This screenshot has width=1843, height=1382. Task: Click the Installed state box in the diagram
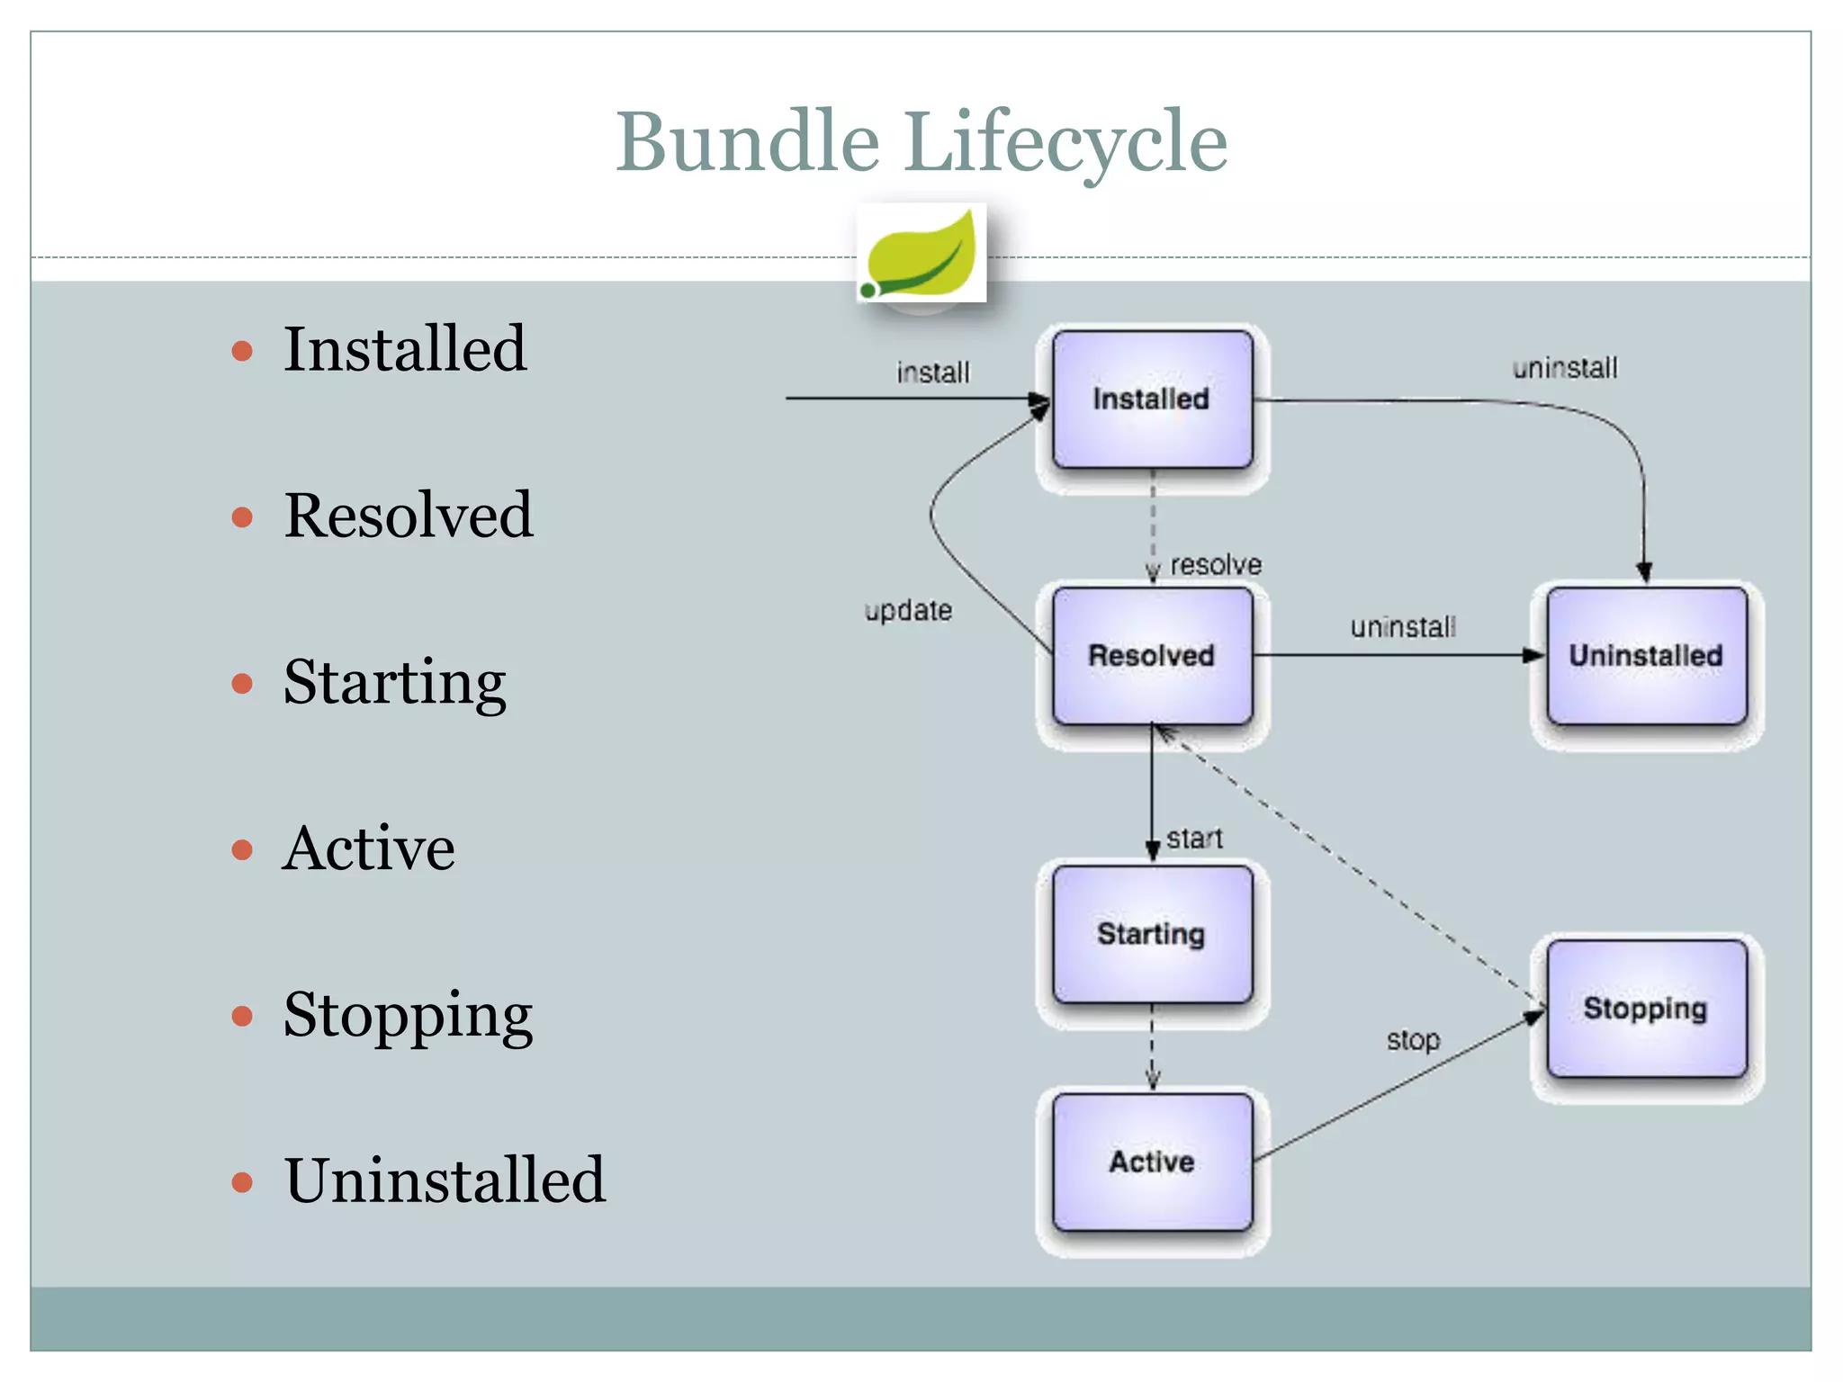pyautogui.click(x=1152, y=399)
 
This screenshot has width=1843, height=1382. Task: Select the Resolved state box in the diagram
pyautogui.click(x=1152, y=656)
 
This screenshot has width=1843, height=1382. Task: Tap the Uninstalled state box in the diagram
pyautogui.click(x=1646, y=656)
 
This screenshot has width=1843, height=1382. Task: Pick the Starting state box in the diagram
pyautogui.click(x=1152, y=934)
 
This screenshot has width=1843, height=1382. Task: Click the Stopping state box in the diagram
pyautogui.click(x=1646, y=1009)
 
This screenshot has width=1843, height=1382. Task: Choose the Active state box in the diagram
pyautogui.click(x=1152, y=1162)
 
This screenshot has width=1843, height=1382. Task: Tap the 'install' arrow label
pyautogui.click(x=933, y=372)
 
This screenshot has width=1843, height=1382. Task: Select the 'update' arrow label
pyautogui.click(x=908, y=611)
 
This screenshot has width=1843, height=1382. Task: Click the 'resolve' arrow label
pyautogui.click(x=1216, y=565)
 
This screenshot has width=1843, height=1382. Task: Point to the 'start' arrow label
pyautogui.click(x=1194, y=839)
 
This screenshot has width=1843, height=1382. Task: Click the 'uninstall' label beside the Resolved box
pyautogui.click(x=1402, y=627)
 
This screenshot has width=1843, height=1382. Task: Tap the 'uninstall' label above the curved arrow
pyautogui.click(x=1565, y=368)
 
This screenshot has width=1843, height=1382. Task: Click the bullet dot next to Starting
pyautogui.click(x=242, y=684)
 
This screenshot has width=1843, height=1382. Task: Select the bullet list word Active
pyautogui.click(x=369, y=848)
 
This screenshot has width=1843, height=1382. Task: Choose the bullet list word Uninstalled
pyautogui.click(x=445, y=1180)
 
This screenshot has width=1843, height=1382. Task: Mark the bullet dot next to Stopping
pyautogui.click(x=242, y=1016)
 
